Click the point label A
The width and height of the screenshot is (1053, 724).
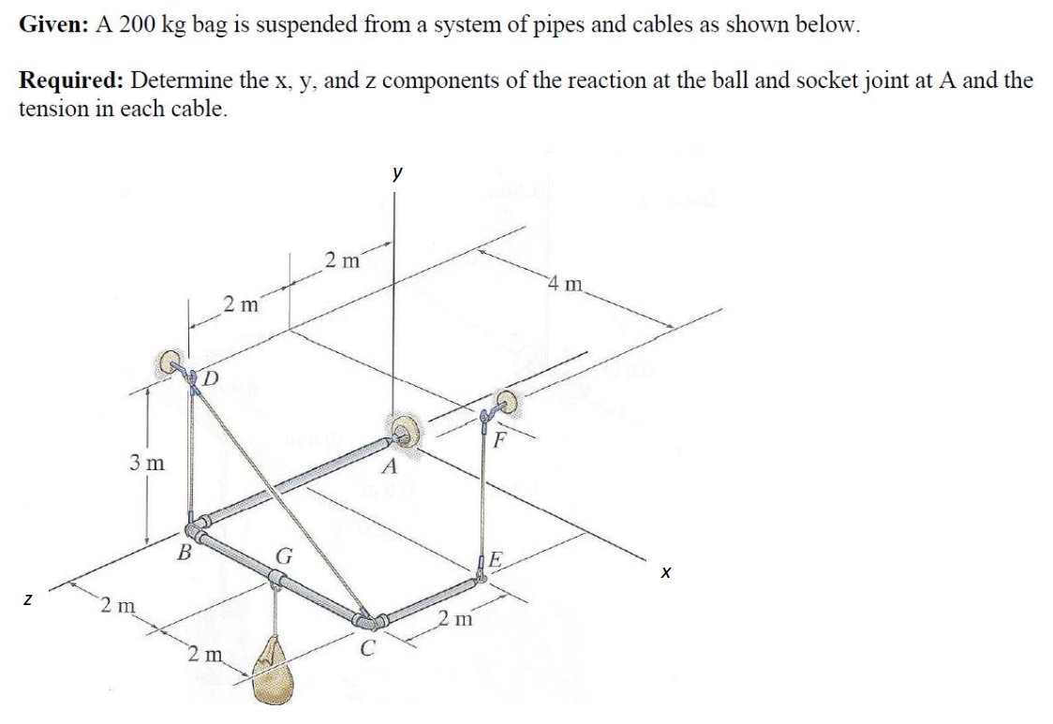pos(390,467)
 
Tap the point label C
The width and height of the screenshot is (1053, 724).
pos(370,646)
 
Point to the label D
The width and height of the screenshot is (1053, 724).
pos(211,378)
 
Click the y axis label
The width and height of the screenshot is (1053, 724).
pos(398,173)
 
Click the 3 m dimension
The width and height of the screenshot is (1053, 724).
pos(147,462)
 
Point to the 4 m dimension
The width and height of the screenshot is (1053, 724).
pos(566,282)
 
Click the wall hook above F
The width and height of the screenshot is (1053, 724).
pos(507,404)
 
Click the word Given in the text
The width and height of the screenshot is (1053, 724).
pos(51,25)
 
